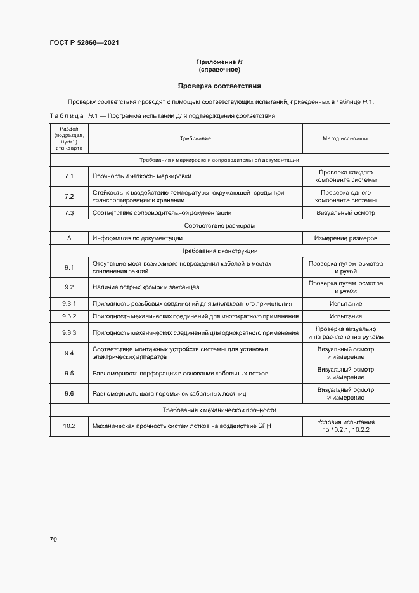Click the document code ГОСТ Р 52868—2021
click(84, 42)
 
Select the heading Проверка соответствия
click(219, 85)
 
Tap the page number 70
click(53, 539)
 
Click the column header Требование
click(195, 138)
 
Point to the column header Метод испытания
click(345, 138)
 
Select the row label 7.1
click(69, 176)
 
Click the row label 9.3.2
click(69, 316)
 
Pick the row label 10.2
click(69, 426)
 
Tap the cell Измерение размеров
click(345, 238)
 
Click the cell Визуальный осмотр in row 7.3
click(345, 213)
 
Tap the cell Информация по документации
click(138, 238)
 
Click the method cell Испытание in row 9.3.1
click(345, 304)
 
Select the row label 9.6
click(69, 393)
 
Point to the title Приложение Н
click(219, 62)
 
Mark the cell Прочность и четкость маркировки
click(142, 176)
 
